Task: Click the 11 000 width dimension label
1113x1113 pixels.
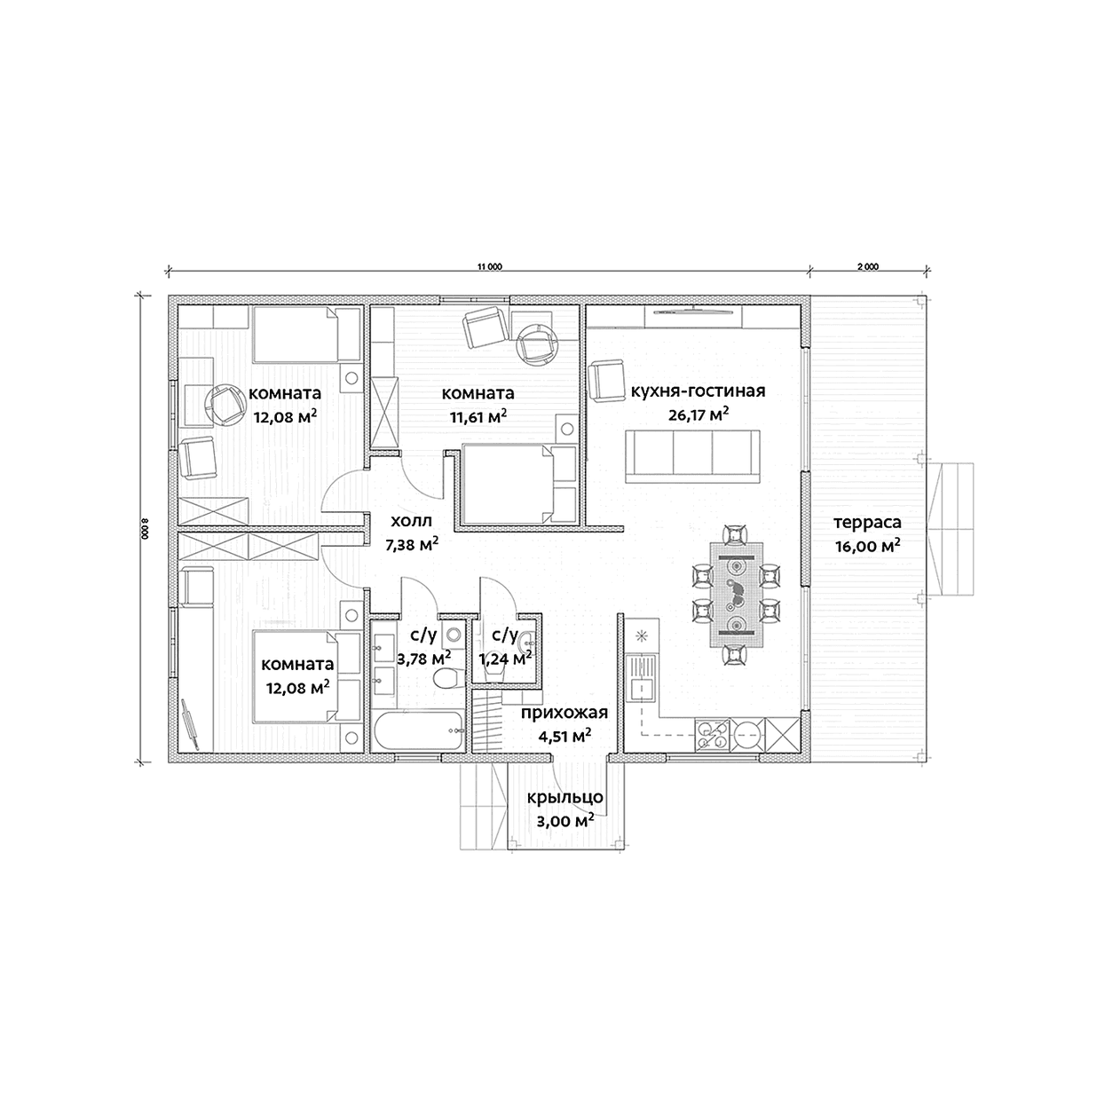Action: pyautogui.click(x=489, y=267)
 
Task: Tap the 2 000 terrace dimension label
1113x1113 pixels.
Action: pyautogui.click(x=867, y=267)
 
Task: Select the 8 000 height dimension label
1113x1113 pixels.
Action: pyautogui.click(x=145, y=528)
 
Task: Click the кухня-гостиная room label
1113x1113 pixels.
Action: pyautogui.click(x=698, y=391)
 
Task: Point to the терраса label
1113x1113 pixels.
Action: pyautogui.click(x=867, y=523)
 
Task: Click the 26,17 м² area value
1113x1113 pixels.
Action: pyautogui.click(x=699, y=414)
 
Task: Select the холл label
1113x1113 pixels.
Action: pyautogui.click(x=411, y=521)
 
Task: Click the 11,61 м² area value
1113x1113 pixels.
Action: pyautogui.click(x=478, y=416)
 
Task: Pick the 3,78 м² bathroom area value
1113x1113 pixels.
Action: pyautogui.click(x=423, y=658)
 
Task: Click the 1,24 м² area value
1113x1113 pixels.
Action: pyautogui.click(x=505, y=658)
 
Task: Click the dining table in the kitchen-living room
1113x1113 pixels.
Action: pyautogui.click(x=736, y=595)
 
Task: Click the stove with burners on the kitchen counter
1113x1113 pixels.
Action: pyautogui.click(x=713, y=736)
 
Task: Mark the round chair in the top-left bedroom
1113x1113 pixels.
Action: pyautogui.click(x=226, y=405)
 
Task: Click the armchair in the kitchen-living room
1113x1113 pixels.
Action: pyautogui.click(x=606, y=380)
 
